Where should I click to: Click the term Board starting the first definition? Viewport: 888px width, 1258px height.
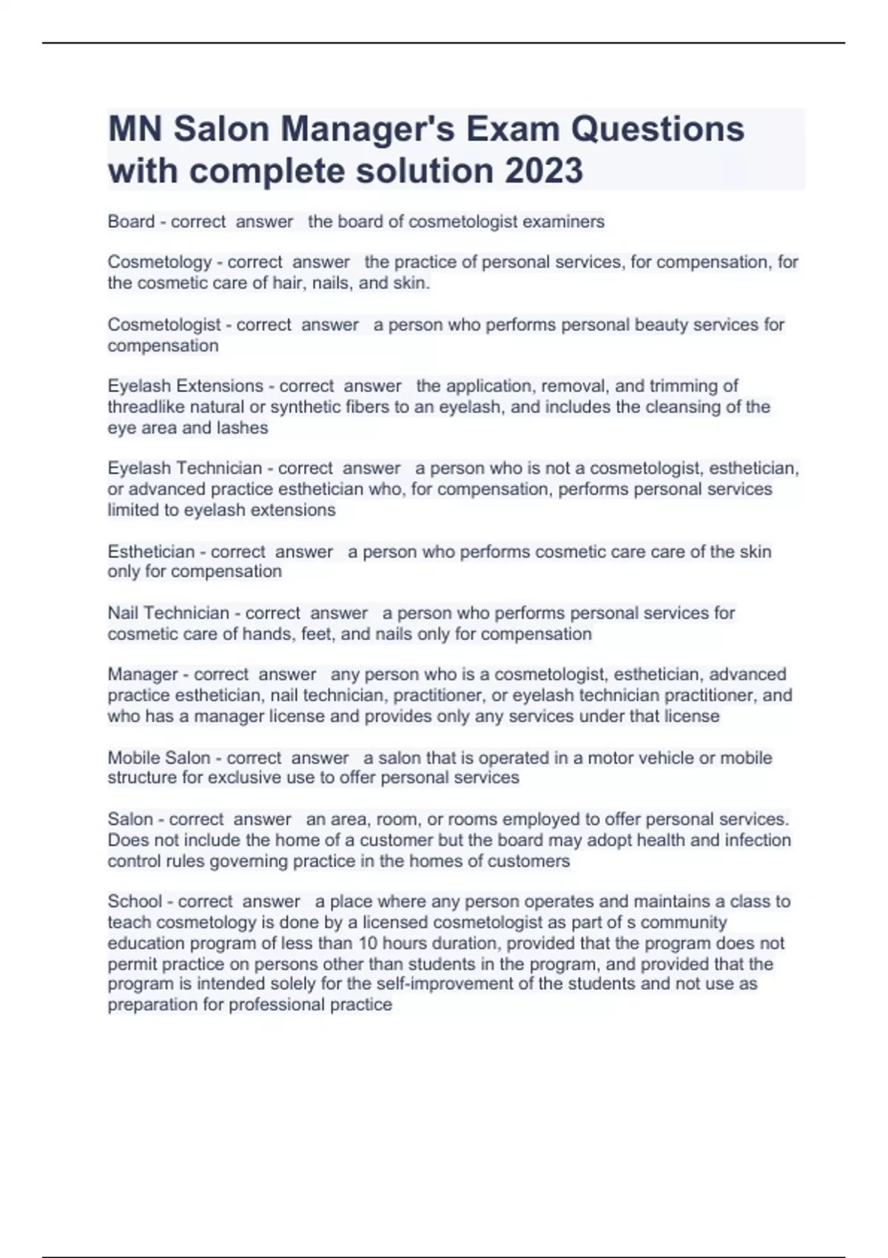[131, 221]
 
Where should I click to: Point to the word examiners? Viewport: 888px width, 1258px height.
[563, 221]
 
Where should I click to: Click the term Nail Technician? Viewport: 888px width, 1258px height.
[169, 613]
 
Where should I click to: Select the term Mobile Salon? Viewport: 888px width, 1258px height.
[159, 758]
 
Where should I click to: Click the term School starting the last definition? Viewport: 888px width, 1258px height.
[135, 901]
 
